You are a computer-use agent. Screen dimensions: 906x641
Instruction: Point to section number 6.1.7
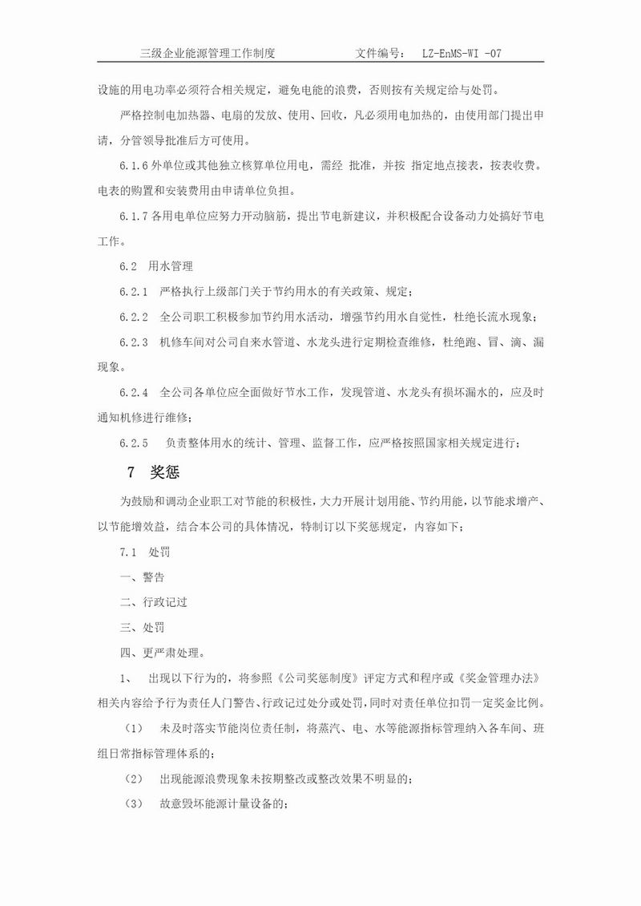click(x=134, y=217)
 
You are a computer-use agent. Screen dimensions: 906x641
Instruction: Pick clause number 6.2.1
click(x=134, y=291)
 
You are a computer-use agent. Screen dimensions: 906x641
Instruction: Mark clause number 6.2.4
click(x=134, y=392)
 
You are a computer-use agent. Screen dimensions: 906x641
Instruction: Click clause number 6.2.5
click(x=134, y=443)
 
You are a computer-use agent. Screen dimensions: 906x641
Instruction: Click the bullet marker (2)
click(x=134, y=778)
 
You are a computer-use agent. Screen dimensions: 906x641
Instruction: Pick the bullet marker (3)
click(x=134, y=803)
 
